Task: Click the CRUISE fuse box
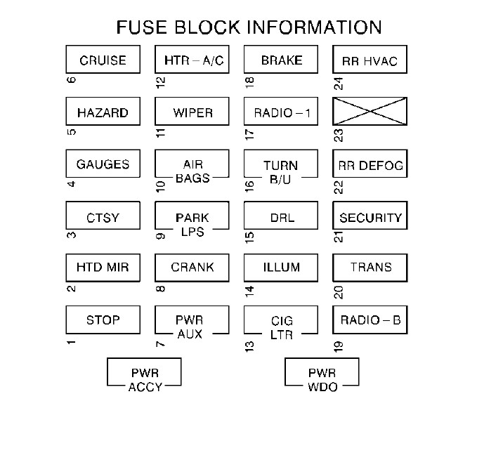coord(103,60)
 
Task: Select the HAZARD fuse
coord(103,112)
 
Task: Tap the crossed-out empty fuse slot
coord(370,112)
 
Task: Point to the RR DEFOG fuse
coord(370,165)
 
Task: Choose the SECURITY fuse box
coord(370,217)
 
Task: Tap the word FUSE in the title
coord(141,27)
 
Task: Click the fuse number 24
coord(339,83)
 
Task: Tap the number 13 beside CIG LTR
coord(249,343)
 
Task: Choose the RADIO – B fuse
coord(370,320)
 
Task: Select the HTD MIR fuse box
coord(103,268)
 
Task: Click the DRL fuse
coord(281,217)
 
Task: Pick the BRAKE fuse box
coord(281,60)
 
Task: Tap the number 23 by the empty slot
coord(339,135)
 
